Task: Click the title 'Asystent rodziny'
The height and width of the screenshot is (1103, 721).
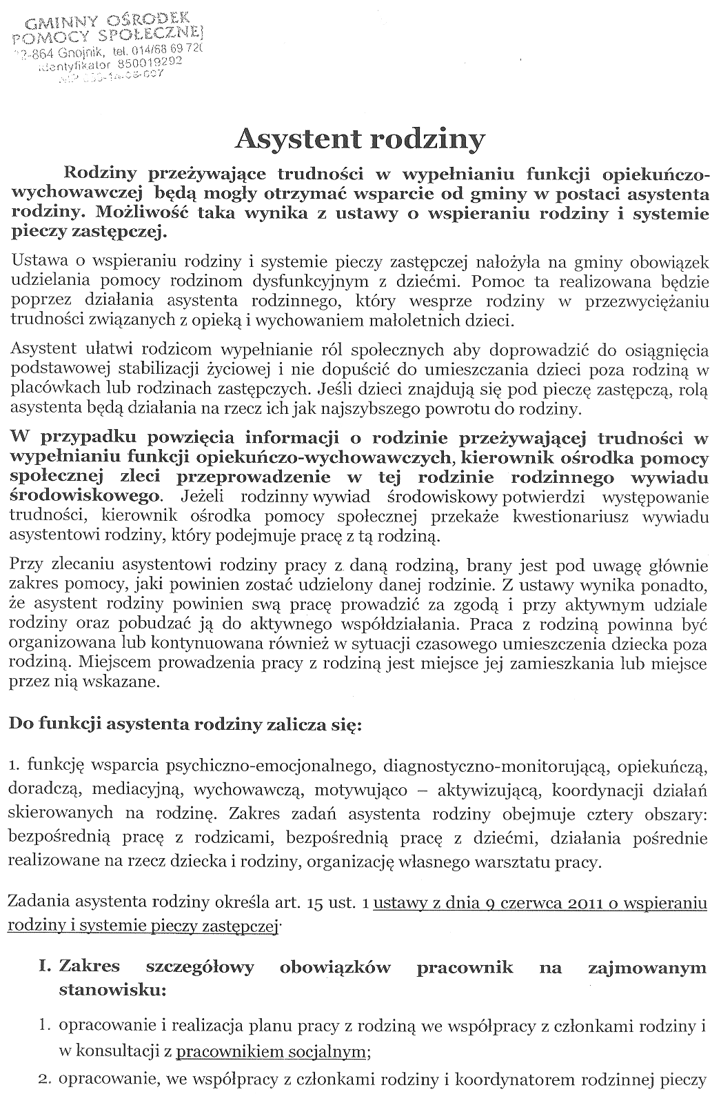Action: coord(360,139)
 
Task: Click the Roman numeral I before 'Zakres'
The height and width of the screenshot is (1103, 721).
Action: coord(46,967)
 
